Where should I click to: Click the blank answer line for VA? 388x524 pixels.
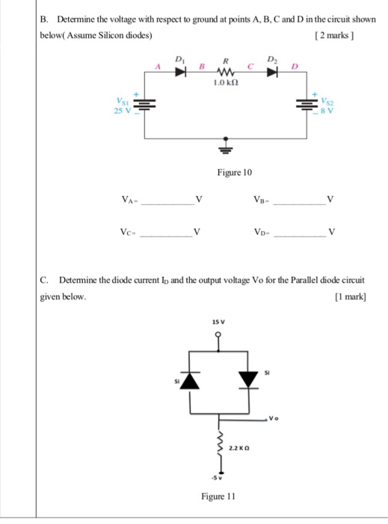(x=167, y=203)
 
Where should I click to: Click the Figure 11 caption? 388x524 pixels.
(x=218, y=496)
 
